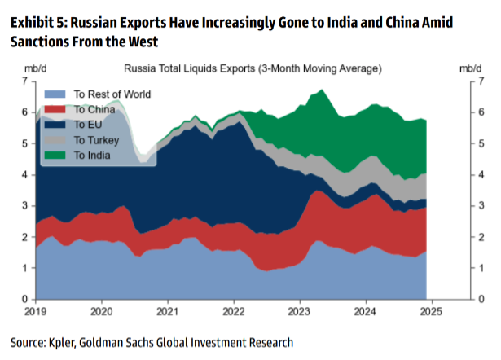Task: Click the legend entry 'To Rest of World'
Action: pyautogui.click(x=112, y=94)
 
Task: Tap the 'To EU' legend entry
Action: pyautogui.click(x=89, y=125)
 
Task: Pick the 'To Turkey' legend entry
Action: pyautogui.click(x=97, y=140)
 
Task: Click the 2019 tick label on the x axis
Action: pyautogui.click(x=35, y=312)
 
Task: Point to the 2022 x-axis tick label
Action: pyautogui.click(x=233, y=312)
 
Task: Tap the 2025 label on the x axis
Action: pyautogui.click(x=431, y=312)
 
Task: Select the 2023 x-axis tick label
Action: pyautogui.click(x=299, y=312)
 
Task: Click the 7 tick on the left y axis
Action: pyautogui.click(x=25, y=81)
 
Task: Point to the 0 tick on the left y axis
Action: pyautogui.click(x=25, y=300)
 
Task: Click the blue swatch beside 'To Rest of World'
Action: pyautogui.click(x=58, y=94)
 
